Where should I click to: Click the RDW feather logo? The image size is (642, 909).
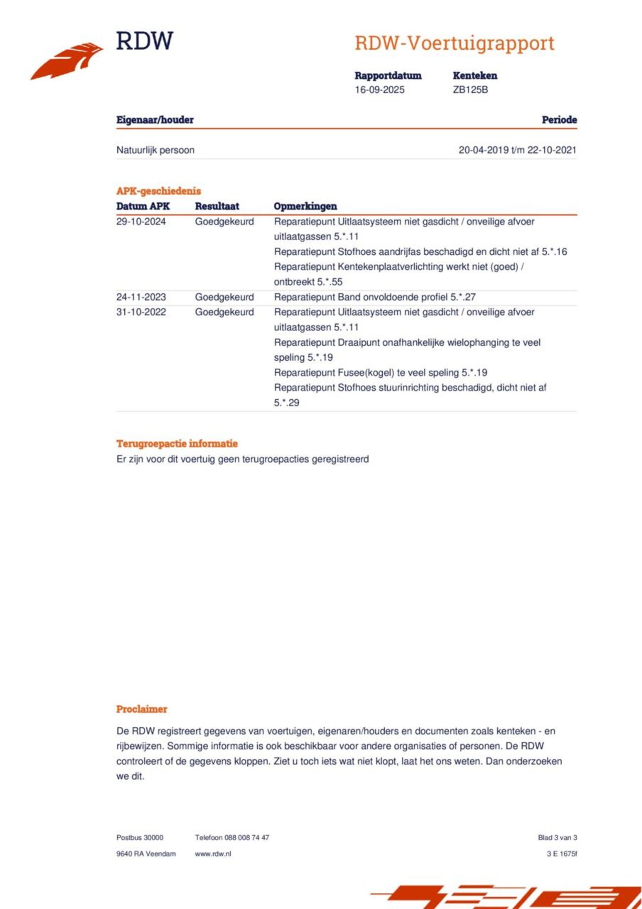click(67, 61)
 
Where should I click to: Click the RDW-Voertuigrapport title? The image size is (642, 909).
click(454, 43)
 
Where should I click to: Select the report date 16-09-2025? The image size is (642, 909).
click(379, 90)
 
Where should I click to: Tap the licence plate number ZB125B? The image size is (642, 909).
click(470, 90)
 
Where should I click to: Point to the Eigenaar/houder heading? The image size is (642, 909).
click(154, 120)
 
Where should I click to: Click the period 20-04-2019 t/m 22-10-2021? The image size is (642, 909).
click(517, 150)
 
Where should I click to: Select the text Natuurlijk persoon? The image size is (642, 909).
click(155, 150)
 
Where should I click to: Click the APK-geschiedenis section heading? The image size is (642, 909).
click(158, 191)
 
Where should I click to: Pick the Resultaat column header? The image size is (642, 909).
click(217, 206)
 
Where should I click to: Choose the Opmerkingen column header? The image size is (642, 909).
click(305, 206)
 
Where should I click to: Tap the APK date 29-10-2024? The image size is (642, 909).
click(141, 222)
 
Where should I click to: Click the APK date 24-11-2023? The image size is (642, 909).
click(141, 297)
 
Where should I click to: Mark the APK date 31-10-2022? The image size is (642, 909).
click(141, 312)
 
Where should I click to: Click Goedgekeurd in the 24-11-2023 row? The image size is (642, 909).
click(224, 297)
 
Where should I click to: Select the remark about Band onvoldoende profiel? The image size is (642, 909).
click(375, 297)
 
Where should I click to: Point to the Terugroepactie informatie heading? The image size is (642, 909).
click(177, 443)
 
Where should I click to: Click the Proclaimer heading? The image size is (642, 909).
click(141, 709)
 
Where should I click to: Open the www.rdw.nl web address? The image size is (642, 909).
click(213, 854)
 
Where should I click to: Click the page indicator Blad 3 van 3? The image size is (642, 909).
click(557, 838)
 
